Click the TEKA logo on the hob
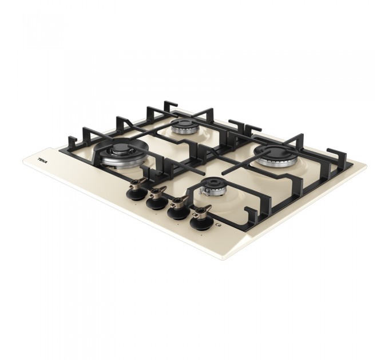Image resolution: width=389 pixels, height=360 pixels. click(43, 161)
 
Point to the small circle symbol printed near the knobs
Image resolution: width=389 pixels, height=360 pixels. click(219, 225)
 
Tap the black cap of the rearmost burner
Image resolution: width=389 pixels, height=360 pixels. click(183, 123)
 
